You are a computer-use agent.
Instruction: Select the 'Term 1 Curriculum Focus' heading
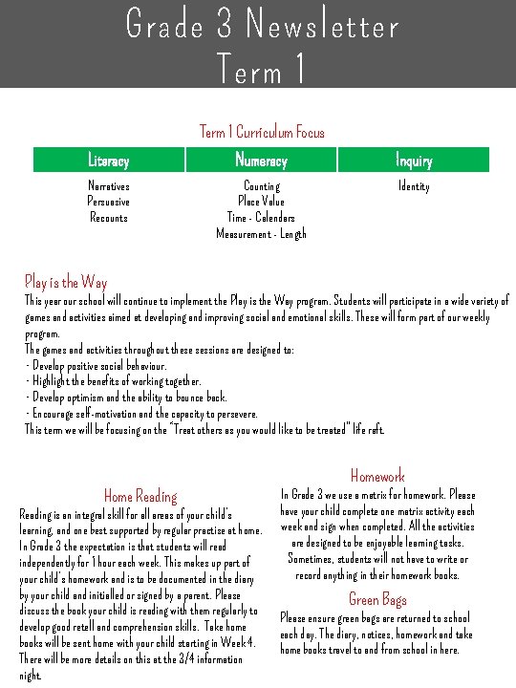262,132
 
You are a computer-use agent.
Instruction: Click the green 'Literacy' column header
108,161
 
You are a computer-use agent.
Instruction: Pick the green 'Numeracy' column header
261,161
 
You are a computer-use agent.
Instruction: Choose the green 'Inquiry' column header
414,161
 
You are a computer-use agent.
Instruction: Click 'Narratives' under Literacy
108,186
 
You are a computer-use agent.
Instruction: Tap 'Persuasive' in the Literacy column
108,202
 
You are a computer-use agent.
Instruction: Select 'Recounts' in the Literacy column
108,217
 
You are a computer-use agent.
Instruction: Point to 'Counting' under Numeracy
262,186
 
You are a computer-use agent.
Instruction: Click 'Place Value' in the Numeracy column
262,202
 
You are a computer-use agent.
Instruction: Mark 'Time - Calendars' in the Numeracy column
262,217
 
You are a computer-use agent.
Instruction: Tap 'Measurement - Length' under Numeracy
262,233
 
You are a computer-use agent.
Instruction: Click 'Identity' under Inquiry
414,186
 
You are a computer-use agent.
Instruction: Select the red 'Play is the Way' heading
66,282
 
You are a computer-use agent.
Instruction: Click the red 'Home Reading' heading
140,496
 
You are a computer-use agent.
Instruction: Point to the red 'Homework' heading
377,476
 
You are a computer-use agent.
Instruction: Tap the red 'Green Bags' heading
377,599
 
